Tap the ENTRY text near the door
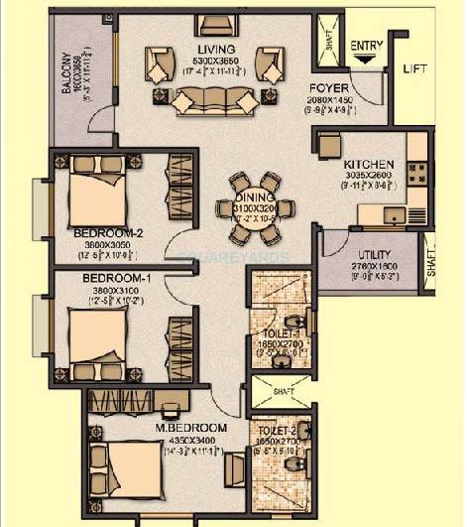tap(365, 46)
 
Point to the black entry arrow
tap(365, 60)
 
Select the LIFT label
tap(414, 69)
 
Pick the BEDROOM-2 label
tap(108, 234)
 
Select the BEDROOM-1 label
tap(116, 278)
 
